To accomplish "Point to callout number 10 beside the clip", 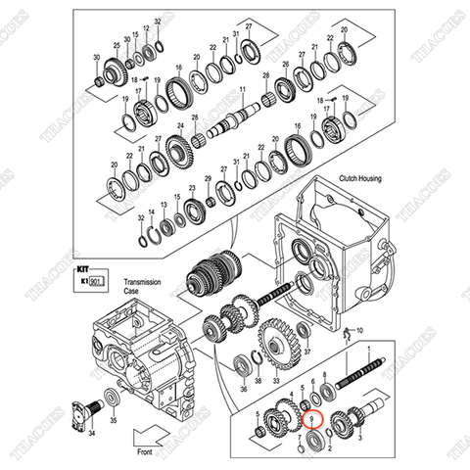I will click(x=358, y=330).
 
